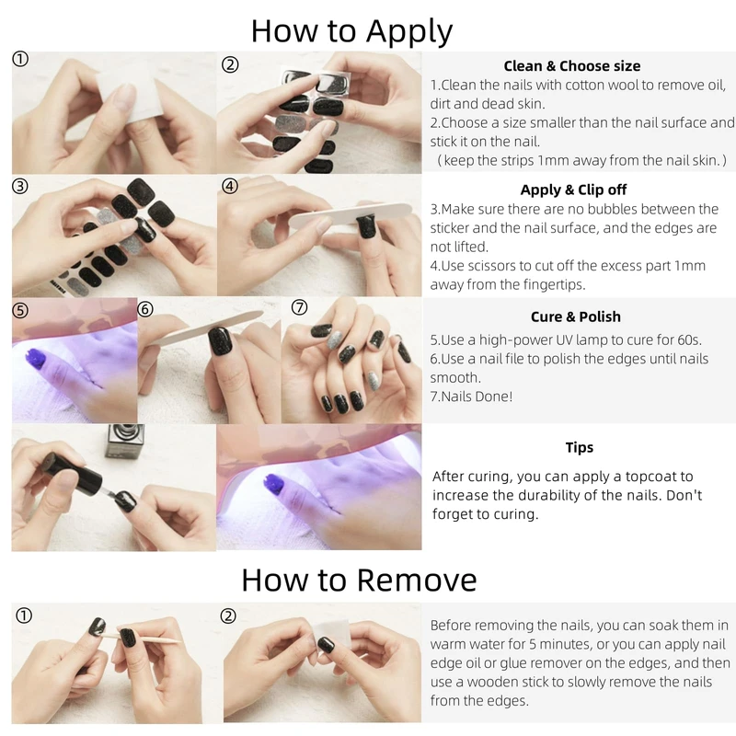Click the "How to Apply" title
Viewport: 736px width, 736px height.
pos(351,31)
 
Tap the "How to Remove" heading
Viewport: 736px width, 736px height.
pos(359,581)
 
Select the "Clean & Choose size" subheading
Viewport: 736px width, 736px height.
pos(571,66)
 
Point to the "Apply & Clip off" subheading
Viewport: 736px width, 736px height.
pos(573,190)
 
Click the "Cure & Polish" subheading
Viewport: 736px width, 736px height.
pos(576,316)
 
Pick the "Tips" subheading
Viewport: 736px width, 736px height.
pos(580,447)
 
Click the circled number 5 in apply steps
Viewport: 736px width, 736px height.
pos(19,310)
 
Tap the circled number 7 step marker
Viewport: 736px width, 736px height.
pos(300,307)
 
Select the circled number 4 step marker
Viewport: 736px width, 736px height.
pos(229,187)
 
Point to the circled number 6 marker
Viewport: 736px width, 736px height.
pos(145,309)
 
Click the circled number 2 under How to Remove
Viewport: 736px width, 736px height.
pos(228,615)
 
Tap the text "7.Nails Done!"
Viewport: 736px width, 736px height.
pos(471,397)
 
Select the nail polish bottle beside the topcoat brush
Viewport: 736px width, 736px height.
pos(124,441)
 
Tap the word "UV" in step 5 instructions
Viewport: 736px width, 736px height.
pos(565,339)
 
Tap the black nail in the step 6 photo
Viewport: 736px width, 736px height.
pos(220,340)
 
